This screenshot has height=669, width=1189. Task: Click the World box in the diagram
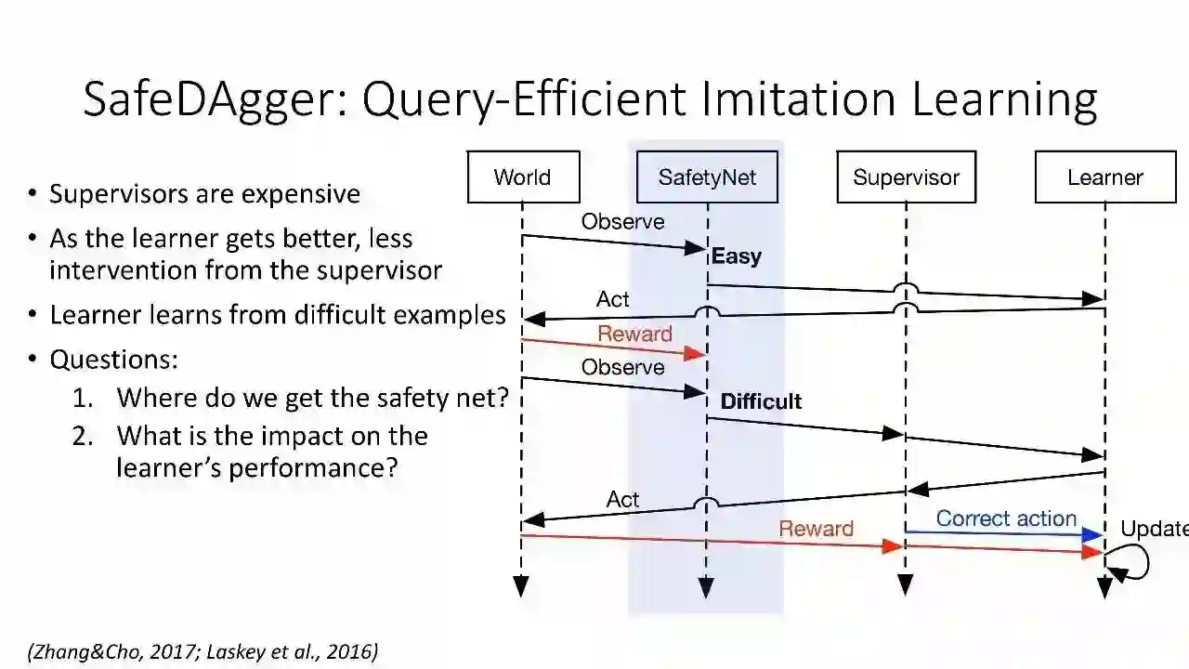click(523, 177)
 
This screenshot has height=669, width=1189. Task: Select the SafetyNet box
click(707, 177)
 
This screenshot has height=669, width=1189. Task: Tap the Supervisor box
click(906, 177)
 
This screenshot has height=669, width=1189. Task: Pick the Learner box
click(1104, 177)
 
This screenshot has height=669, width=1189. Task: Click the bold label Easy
click(737, 256)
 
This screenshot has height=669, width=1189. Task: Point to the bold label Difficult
click(761, 401)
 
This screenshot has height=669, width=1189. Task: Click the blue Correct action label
click(1006, 518)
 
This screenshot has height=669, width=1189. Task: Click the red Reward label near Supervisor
click(816, 529)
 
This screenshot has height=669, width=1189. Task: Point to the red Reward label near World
click(634, 334)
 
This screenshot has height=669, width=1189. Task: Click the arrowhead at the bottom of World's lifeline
click(521, 586)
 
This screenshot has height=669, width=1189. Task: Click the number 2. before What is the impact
click(83, 436)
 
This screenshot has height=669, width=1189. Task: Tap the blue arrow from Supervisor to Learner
click(1003, 533)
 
